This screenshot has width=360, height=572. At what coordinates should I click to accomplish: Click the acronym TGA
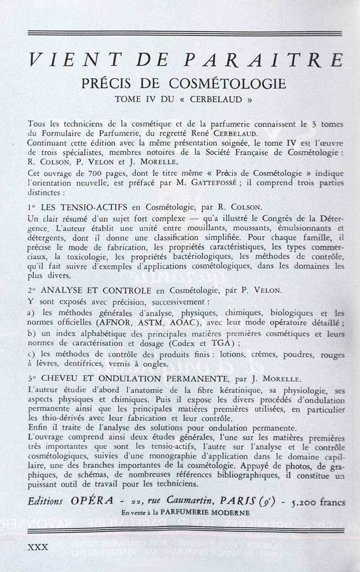225,344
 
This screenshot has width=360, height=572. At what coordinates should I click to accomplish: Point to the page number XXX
38,547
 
